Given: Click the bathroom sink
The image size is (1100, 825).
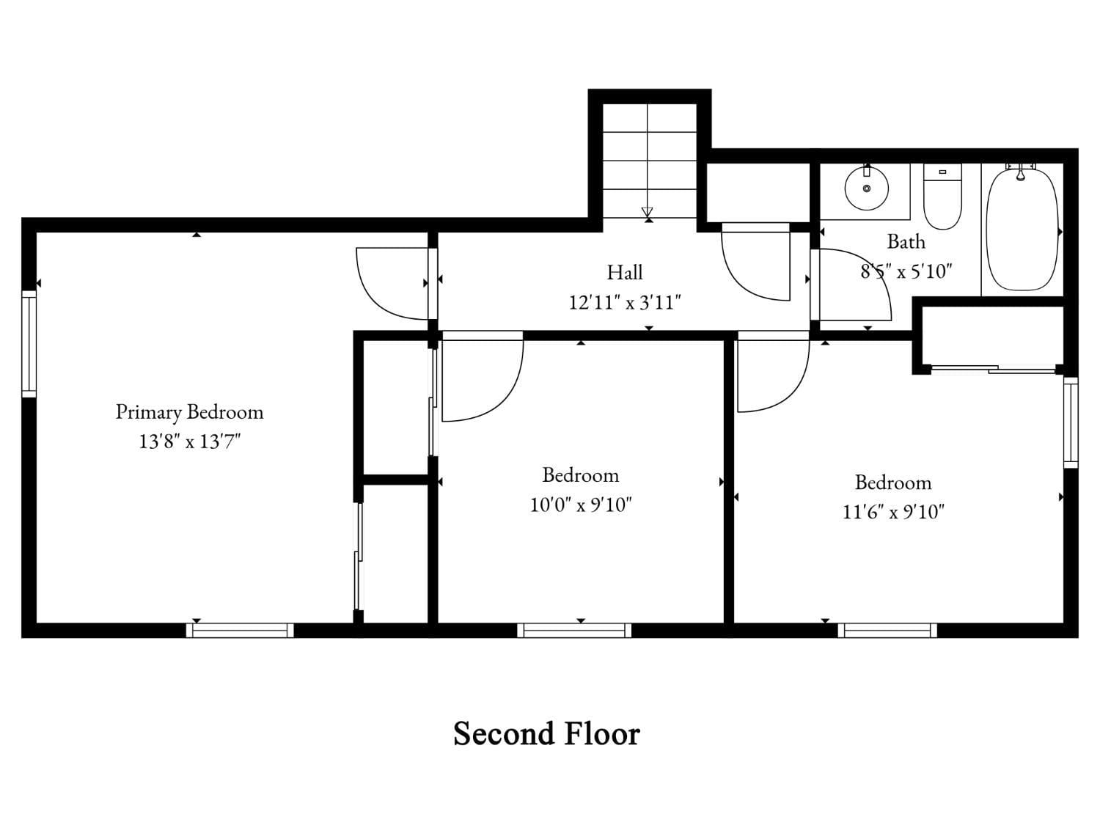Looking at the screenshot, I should [x=866, y=188].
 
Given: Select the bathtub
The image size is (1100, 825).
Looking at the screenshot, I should [x=1022, y=229].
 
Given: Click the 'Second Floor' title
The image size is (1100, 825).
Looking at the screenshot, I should [x=546, y=734].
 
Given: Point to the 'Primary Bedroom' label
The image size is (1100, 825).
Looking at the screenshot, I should [x=189, y=412].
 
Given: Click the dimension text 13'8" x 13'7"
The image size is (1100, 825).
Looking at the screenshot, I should [x=190, y=441].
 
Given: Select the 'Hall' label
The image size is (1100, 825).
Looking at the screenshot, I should [x=625, y=273].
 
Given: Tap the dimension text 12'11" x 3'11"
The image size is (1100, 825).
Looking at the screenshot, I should [x=625, y=302].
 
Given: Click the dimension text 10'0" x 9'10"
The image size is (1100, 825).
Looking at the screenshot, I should [x=581, y=505].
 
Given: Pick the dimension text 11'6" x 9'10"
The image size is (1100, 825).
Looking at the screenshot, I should [x=893, y=512].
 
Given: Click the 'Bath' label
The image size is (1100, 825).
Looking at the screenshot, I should [x=906, y=241].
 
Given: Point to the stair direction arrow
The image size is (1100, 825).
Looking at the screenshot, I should [x=647, y=213].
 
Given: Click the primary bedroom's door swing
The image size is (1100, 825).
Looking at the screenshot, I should [x=389, y=282].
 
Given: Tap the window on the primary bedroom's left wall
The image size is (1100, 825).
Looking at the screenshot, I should [x=29, y=343].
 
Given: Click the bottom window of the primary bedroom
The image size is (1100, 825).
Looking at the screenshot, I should [x=240, y=630].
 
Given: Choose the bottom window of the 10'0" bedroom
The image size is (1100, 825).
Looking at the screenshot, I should [x=574, y=630].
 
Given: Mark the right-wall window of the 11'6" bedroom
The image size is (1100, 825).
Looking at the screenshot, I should [x=1071, y=422].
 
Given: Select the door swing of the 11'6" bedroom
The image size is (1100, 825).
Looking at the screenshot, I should [x=770, y=374].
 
